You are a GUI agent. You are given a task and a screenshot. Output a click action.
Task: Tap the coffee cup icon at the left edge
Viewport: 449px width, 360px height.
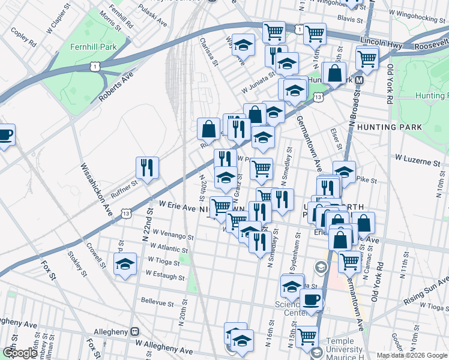[x=5, y=134]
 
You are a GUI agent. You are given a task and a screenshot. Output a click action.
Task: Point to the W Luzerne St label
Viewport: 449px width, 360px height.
[x=417, y=160]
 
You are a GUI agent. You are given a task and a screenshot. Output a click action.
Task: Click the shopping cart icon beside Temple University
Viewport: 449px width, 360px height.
[x=307, y=337]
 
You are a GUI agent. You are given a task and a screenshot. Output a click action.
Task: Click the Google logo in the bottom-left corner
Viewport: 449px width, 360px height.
[x=20, y=353]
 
